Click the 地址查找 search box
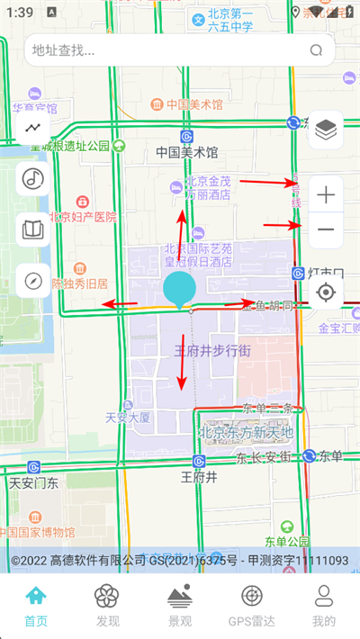point(171,51)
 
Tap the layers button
point(326,131)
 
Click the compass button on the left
point(33,281)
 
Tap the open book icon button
point(33,230)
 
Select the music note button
point(33,178)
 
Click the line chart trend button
point(33,128)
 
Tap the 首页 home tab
point(36,605)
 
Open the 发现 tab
point(108,605)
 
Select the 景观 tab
point(180,605)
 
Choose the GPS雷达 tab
point(252,605)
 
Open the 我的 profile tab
point(324,605)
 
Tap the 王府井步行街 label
point(212,351)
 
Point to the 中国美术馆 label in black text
point(187,152)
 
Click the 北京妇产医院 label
point(84,217)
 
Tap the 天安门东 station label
point(34,482)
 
